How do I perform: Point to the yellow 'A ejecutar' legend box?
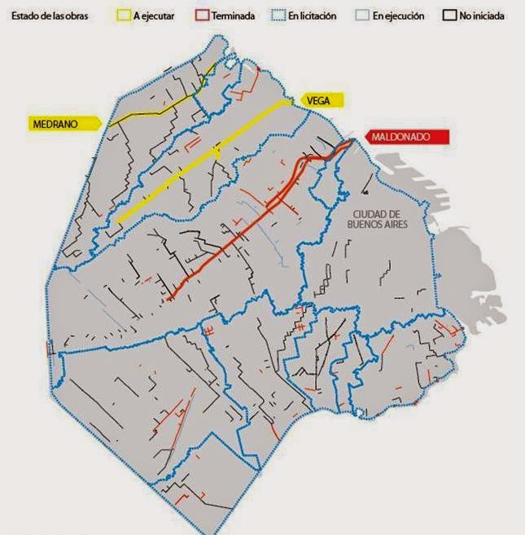coord(125,15)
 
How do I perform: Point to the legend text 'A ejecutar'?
coord(160,15)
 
